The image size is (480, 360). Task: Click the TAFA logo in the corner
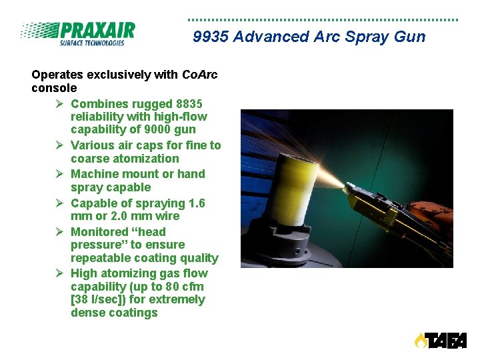[440, 341]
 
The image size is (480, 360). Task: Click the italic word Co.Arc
[200, 75]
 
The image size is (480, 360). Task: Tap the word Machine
[93, 174]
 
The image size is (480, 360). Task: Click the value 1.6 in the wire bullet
[197, 203]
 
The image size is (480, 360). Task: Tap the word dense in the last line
[87, 313]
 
